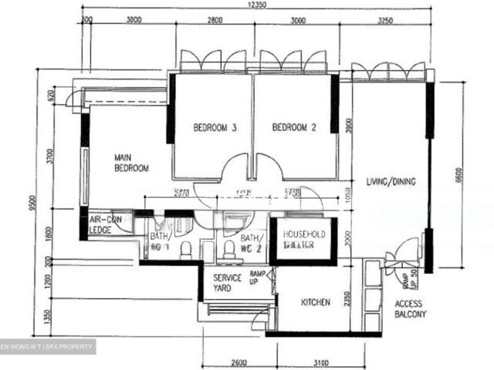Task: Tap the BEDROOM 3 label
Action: click(x=215, y=128)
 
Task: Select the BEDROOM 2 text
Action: click(x=295, y=128)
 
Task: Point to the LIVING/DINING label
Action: click(x=391, y=183)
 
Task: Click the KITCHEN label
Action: click(x=315, y=303)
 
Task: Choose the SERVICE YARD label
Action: click(x=228, y=283)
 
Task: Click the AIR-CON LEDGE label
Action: click(x=105, y=224)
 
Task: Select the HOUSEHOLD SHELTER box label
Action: click(x=303, y=239)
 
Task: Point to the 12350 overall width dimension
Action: click(x=258, y=5)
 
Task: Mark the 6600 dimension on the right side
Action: click(x=458, y=175)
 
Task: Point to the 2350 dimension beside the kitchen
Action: click(x=348, y=298)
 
